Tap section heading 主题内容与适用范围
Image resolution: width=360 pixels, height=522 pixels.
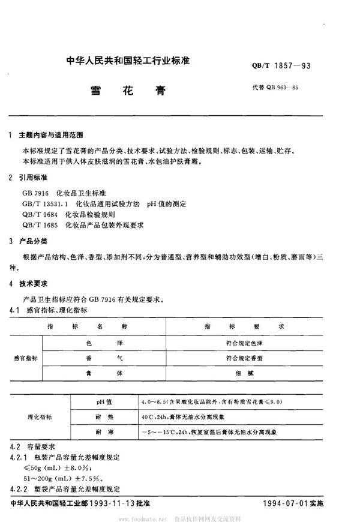click(53, 136)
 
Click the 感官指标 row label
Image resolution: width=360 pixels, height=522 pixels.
click(27, 358)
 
